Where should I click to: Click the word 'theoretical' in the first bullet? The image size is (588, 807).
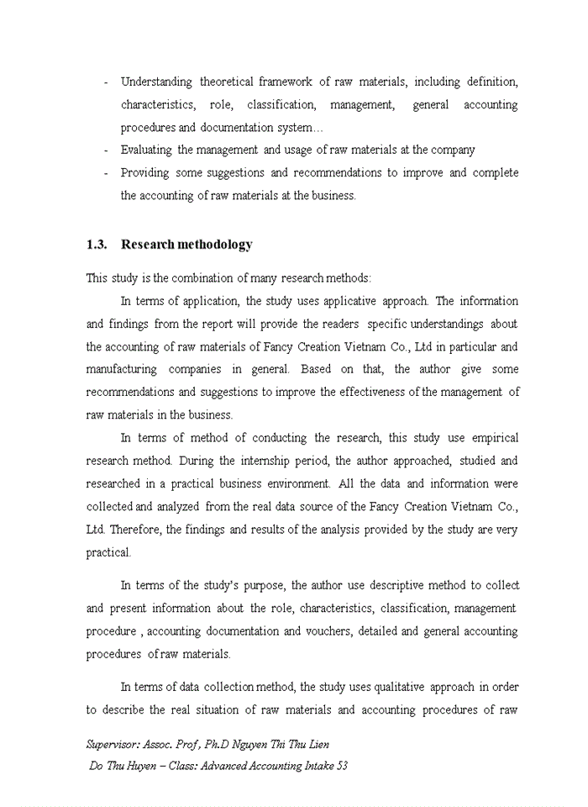pyautogui.click(x=228, y=82)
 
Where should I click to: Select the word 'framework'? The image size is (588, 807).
pyautogui.click(x=286, y=82)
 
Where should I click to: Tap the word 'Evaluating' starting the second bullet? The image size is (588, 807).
pyautogui.click(x=147, y=150)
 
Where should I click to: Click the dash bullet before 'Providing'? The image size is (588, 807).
pyautogui.click(x=106, y=173)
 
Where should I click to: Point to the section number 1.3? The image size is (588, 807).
pyautogui.click(x=97, y=245)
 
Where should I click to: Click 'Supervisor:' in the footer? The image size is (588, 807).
pyautogui.click(x=113, y=745)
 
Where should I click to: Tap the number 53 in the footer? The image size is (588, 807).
pyautogui.click(x=341, y=766)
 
